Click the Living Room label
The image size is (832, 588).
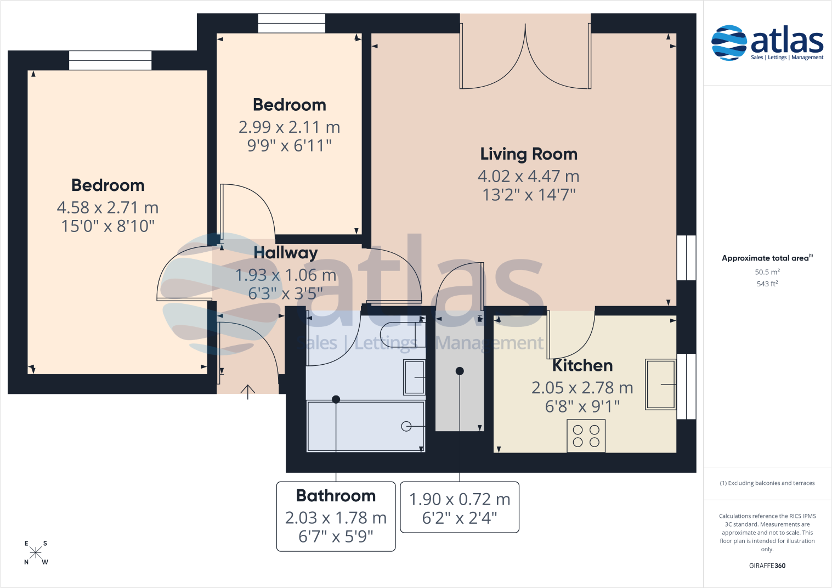pyautogui.click(x=529, y=154)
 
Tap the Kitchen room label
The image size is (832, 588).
pyautogui.click(x=582, y=365)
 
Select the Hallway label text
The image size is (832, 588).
pyautogui.click(x=286, y=253)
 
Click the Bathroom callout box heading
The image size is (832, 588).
pyautogui.click(x=336, y=496)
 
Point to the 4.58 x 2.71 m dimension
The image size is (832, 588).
pyautogui.click(x=108, y=208)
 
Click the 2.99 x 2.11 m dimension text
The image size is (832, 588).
pyautogui.click(x=290, y=127)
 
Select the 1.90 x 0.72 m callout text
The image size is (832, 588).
pyautogui.click(x=460, y=500)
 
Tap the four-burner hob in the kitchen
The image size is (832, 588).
pyautogui.click(x=586, y=436)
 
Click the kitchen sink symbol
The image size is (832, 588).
pyautogui.click(x=661, y=384)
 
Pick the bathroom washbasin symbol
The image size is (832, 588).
pyautogui.click(x=415, y=377)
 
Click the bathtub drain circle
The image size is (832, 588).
pyautogui.click(x=406, y=426)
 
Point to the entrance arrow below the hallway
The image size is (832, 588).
pyautogui.click(x=248, y=391)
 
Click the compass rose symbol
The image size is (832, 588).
pyautogui.click(x=36, y=552)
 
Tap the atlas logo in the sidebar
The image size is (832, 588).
pyautogui.click(x=767, y=42)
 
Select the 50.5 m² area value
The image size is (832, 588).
pyautogui.click(x=767, y=272)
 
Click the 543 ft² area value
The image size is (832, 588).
pyautogui.click(x=767, y=284)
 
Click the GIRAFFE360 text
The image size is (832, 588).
pyautogui.click(x=767, y=566)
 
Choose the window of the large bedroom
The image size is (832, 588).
pyautogui.click(x=110, y=60)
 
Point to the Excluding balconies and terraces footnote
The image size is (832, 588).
pyautogui.click(x=767, y=483)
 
